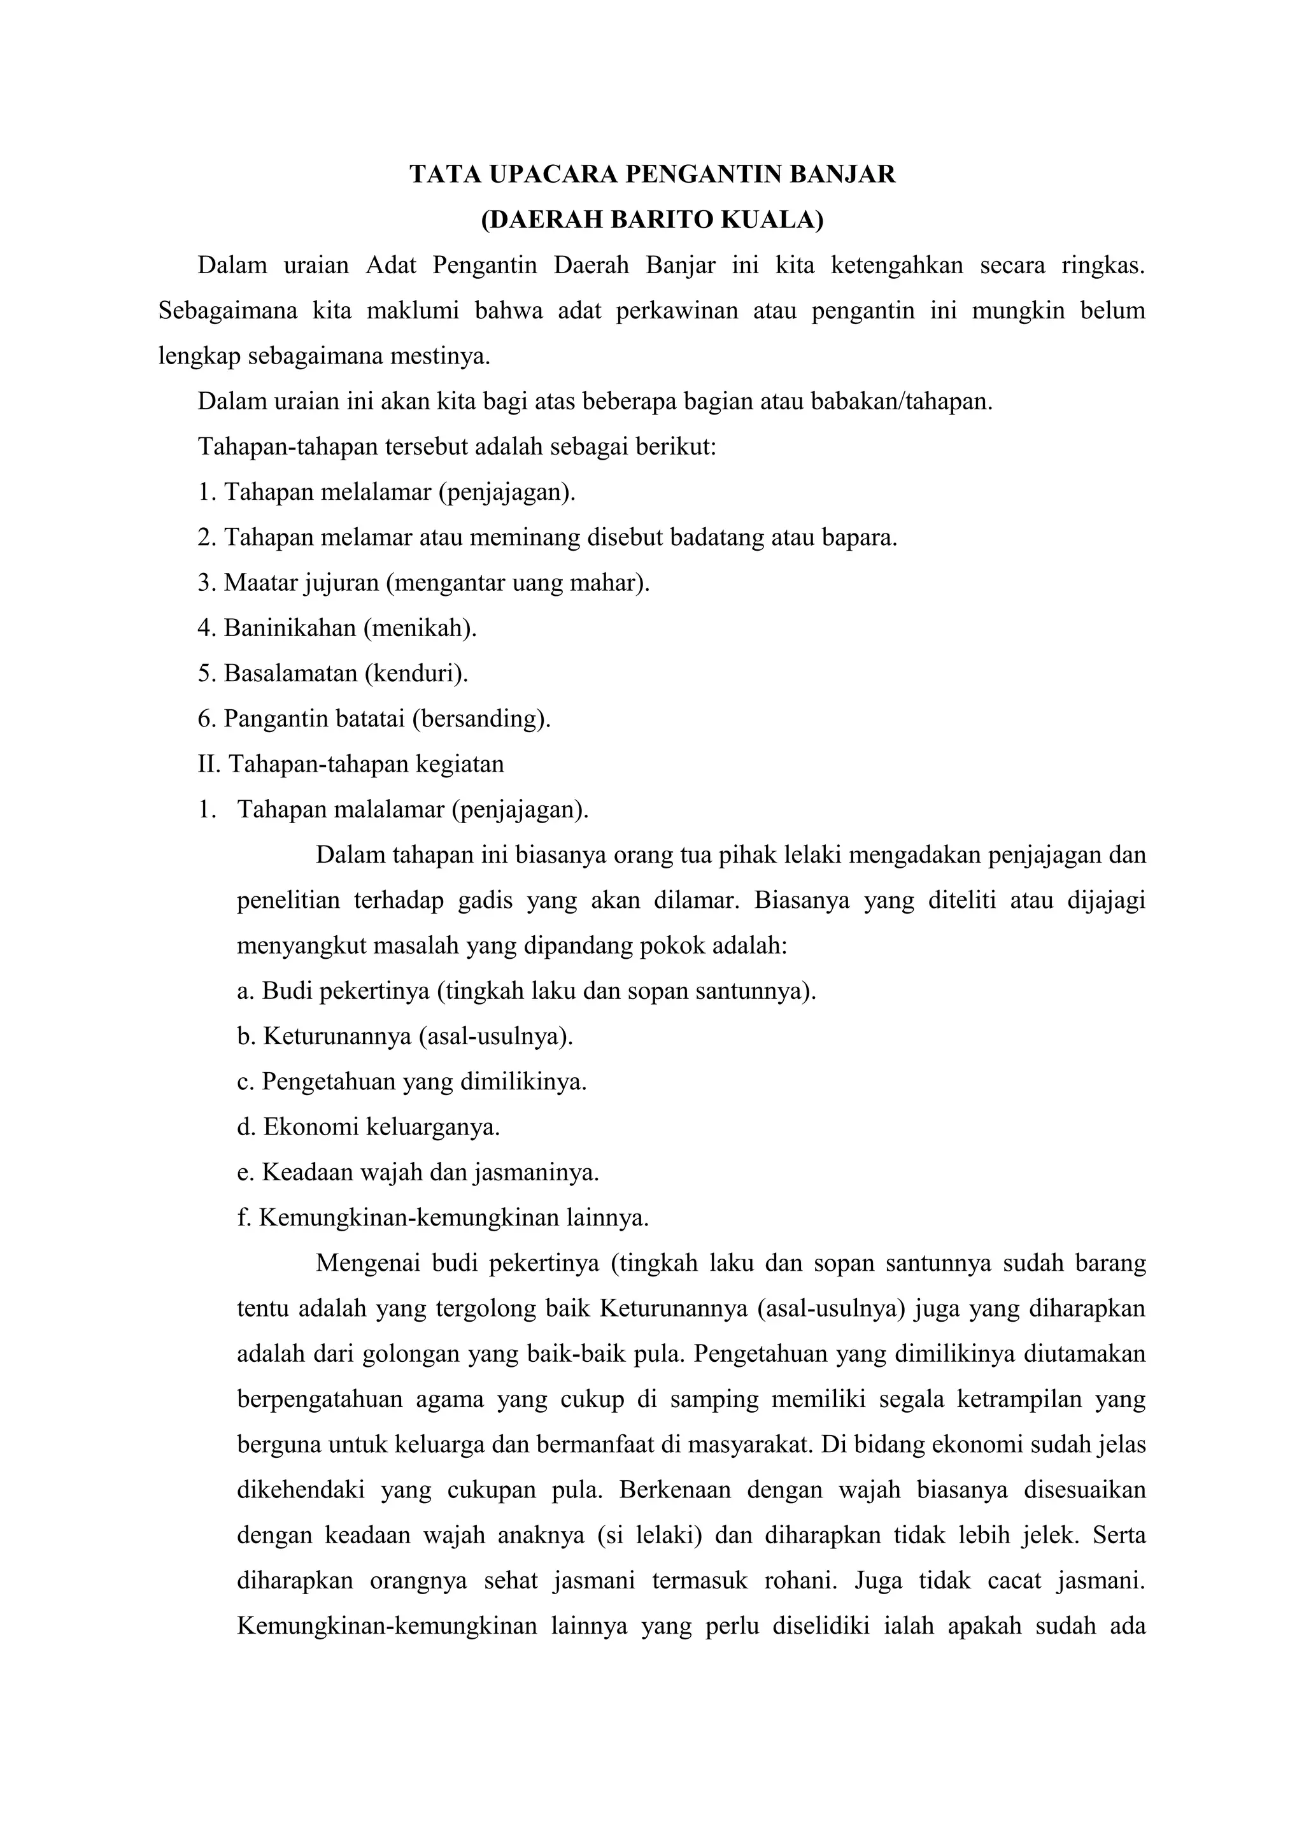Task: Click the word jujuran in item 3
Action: [x=341, y=582]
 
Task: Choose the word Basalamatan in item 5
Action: [x=291, y=672]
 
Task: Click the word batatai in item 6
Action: [x=366, y=717]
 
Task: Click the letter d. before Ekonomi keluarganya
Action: [x=246, y=1127]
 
